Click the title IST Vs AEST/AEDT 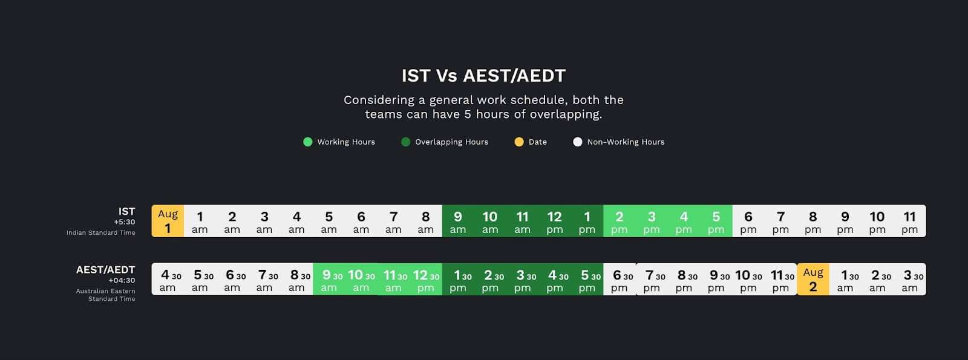point(483,76)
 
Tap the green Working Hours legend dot point(308,142)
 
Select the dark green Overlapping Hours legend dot point(405,142)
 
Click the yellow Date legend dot point(519,142)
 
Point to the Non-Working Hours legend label point(626,142)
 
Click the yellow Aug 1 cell point(168,221)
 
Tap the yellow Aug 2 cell point(813,279)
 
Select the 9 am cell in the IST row point(458,221)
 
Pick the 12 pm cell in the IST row point(555,221)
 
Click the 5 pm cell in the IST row point(716,221)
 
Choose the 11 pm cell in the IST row point(910,221)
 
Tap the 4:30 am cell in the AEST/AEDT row point(168,279)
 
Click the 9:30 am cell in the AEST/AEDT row point(329,279)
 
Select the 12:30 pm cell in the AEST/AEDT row point(426,279)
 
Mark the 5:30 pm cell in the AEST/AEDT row point(587,279)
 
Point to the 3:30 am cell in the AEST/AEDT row point(910,279)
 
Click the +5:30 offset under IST point(125,222)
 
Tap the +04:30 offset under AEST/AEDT point(122,281)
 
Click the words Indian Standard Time point(100,232)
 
